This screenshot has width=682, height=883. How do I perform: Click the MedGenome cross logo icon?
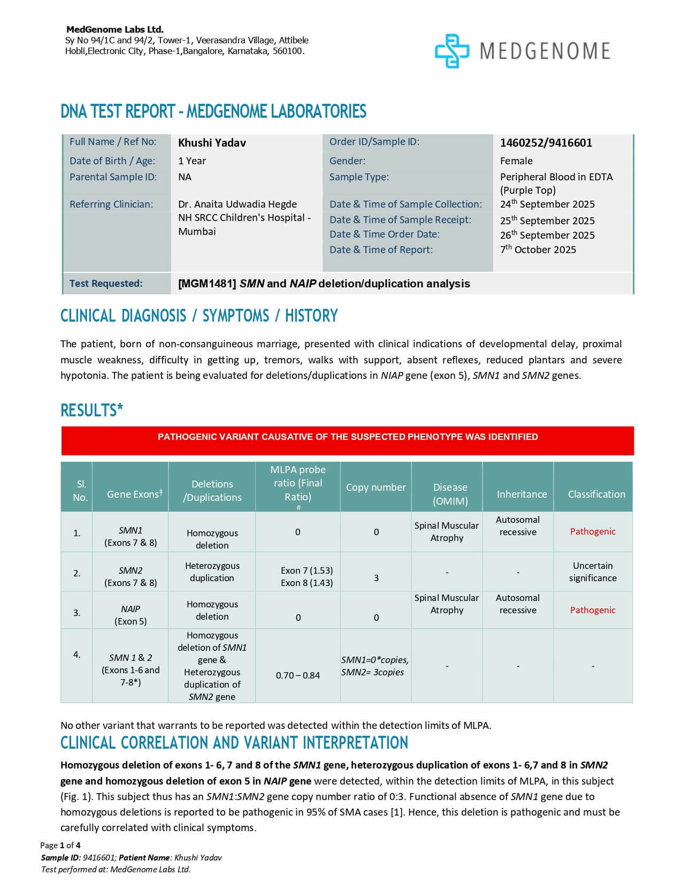[x=452, y=51]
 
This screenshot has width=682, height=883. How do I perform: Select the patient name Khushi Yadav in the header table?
[x=212, y=143]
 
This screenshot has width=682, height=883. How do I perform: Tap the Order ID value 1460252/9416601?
[x=546, y=143]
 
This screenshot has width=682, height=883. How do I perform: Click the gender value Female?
[x=516, y=161]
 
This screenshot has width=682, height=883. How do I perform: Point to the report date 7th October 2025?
[x=538, y=249]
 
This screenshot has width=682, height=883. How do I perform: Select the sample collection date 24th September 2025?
[x=547, y=204]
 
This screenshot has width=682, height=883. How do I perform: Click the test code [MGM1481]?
[x=207, y=284]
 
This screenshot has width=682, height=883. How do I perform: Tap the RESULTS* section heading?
[x=91, y=410]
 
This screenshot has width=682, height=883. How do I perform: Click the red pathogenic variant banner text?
[x=348, y=437]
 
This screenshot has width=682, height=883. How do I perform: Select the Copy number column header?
[x=376, y=488]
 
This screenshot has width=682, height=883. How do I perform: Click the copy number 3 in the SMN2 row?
[x=376, y=578]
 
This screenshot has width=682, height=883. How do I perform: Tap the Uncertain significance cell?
[x=593, y=572]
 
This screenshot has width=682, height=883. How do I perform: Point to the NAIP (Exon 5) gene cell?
[x=131, y=615]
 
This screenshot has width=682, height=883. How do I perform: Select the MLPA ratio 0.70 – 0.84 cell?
[x=297, y=675]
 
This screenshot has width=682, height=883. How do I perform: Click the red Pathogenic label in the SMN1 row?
[x=593, y=531]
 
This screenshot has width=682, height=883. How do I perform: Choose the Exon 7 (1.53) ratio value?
[x=306, y=570]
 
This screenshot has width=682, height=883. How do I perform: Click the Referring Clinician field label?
[x=111, y=204]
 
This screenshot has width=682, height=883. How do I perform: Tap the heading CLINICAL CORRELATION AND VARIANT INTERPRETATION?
[x=234, y=743]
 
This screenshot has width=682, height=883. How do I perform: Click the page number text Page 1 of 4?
[x=60, y=846]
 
